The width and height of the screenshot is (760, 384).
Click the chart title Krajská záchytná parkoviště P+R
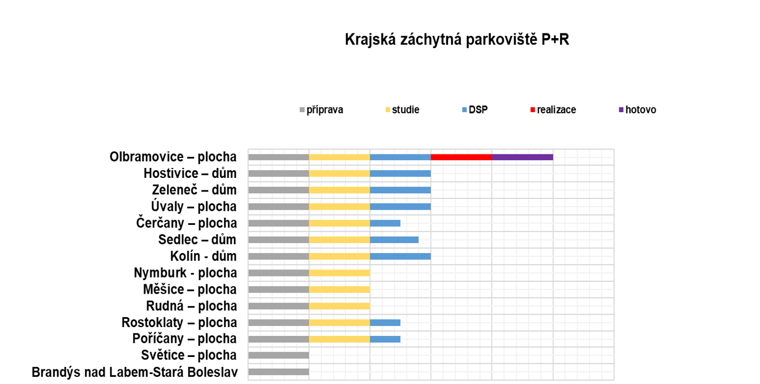click(457, 39)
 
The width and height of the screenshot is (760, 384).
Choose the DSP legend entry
click(477, 110)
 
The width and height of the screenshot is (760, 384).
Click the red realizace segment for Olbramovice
click(461, 157)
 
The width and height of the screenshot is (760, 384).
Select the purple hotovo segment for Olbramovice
click(522, 157)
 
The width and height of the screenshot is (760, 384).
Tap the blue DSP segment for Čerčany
click(385, 223)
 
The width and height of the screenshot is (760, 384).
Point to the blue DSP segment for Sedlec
click(394, 240)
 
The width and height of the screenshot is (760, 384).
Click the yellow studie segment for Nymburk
click(339, 273)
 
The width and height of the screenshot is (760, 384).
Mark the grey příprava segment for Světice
click(279, 355)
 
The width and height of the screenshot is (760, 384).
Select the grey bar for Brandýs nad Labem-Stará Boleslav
click(279, 372)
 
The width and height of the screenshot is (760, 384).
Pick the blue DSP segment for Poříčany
click(385, 339)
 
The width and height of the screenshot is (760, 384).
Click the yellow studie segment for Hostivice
click(339, 174)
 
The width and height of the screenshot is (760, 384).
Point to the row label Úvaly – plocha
click(194, 207)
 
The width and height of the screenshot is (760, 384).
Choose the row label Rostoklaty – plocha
click(179, 322)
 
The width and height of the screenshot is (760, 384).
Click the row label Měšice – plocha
click(189, 289)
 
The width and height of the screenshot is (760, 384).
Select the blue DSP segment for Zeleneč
click(400, 190)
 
